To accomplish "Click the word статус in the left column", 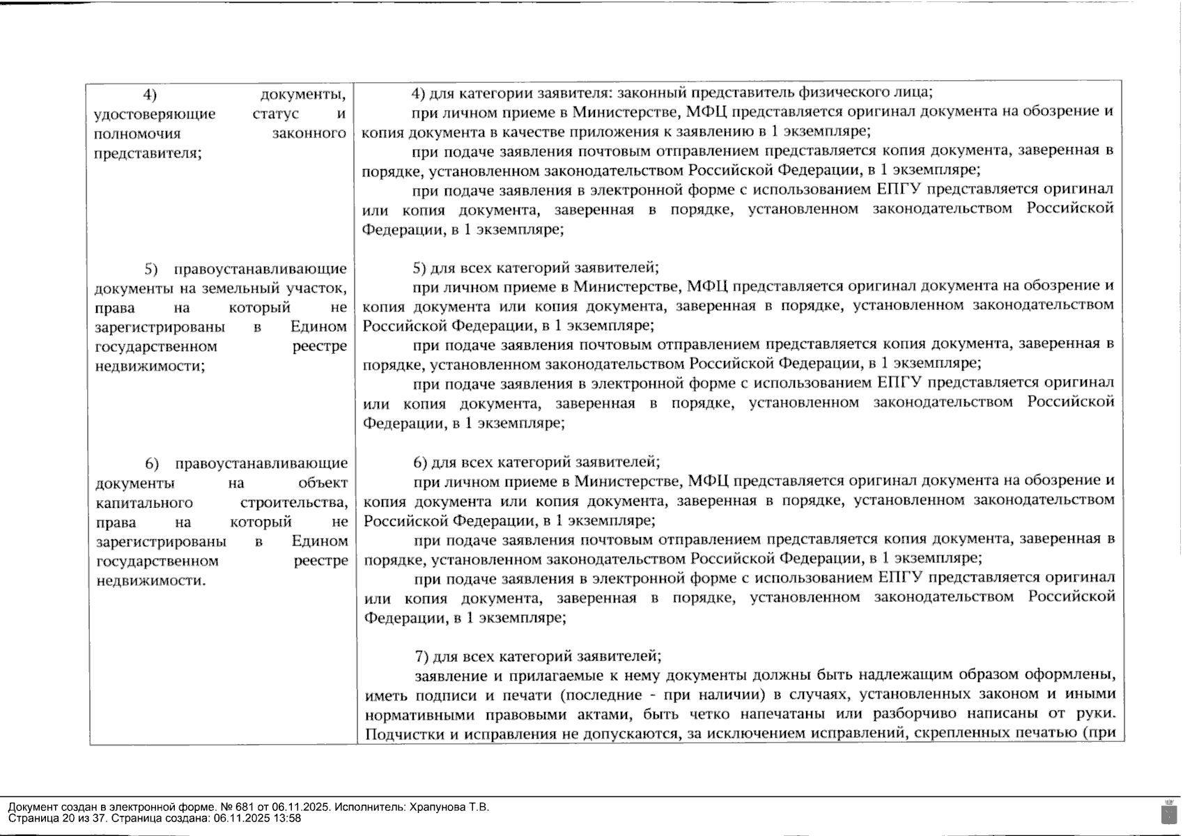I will (x=275, y=114).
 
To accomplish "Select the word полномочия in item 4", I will (x=137, y=133).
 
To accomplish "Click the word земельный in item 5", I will (x=247, y=288).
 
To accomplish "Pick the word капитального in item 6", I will (x=144, y=503).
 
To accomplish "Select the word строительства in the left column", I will (x=293, y=503).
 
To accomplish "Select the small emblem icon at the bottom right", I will (x=1169, y=812).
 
